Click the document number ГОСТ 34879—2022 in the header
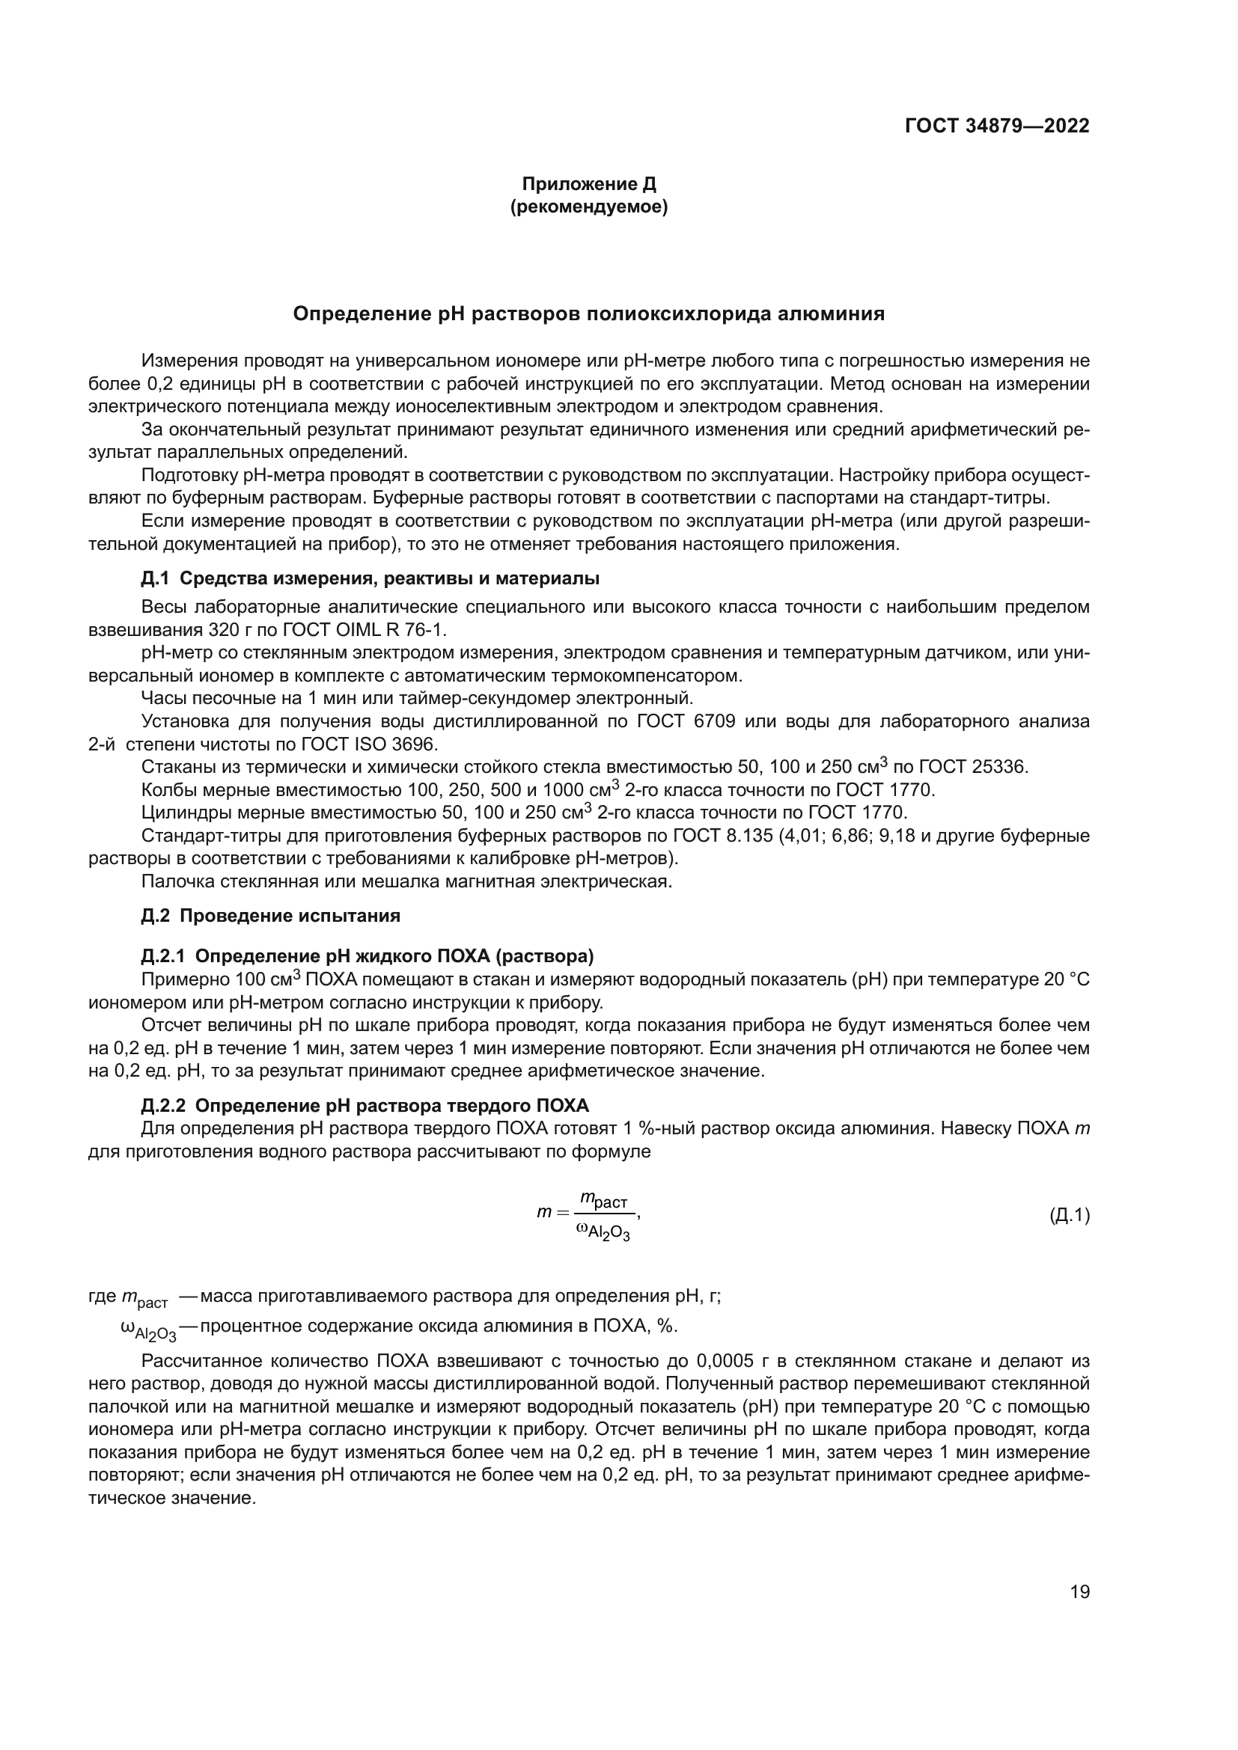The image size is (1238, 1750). coord(996,126)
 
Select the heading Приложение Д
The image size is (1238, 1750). coord(588,185)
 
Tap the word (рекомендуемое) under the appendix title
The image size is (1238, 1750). coord(588,207)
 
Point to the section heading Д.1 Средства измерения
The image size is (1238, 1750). coord(370,578)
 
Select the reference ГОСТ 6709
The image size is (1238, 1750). coord(686,721)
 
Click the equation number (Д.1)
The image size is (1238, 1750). coord(1069,1216)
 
